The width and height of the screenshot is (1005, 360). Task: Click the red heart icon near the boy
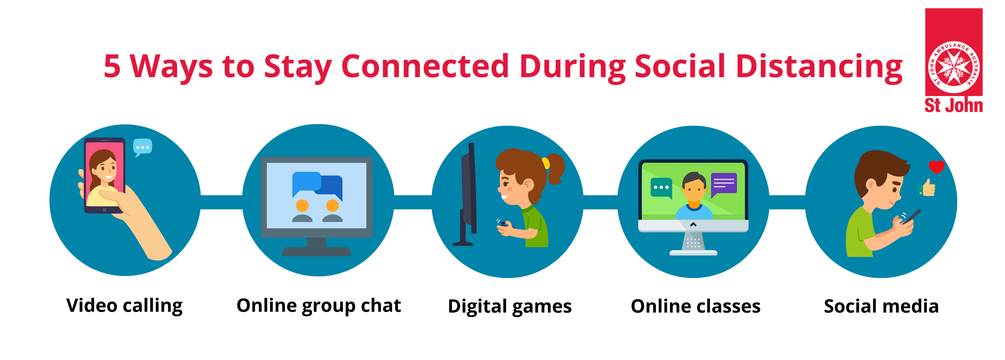pos(936,167)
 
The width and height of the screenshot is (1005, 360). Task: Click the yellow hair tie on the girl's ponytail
pos(545,163)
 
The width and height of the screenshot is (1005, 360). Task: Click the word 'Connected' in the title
pos(425,66)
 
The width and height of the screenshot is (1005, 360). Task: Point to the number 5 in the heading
pos(112,66)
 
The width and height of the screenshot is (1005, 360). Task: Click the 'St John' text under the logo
pos(954,105)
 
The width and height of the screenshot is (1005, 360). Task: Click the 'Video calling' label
pos(124,306)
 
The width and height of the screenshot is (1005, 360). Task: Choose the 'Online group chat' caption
pos(319,306)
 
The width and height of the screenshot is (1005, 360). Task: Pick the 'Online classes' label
pos(696,307)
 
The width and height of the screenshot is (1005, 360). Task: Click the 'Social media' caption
pos(881,307)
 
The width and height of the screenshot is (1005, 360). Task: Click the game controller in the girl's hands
pos(504,224)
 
